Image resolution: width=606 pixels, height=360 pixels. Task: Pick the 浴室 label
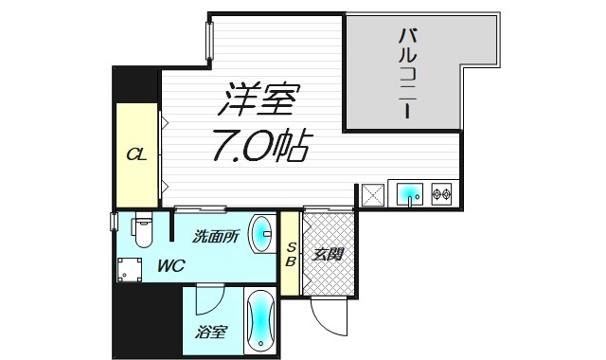coord(211,332)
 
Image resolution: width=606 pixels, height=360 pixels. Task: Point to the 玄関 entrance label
coord(330,254)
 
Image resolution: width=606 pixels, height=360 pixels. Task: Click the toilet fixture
coord(142,230)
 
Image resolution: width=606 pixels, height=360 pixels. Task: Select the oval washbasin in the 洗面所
coord(262,233)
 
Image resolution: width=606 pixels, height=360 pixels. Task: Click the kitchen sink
coord(408,194)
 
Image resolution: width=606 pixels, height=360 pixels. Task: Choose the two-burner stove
coord(440,194)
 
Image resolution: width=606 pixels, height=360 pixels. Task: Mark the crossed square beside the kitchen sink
coord(371,194)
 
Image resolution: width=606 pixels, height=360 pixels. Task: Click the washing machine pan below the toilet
coord(130,270)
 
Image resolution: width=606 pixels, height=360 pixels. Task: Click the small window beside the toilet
coord(114,224)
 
